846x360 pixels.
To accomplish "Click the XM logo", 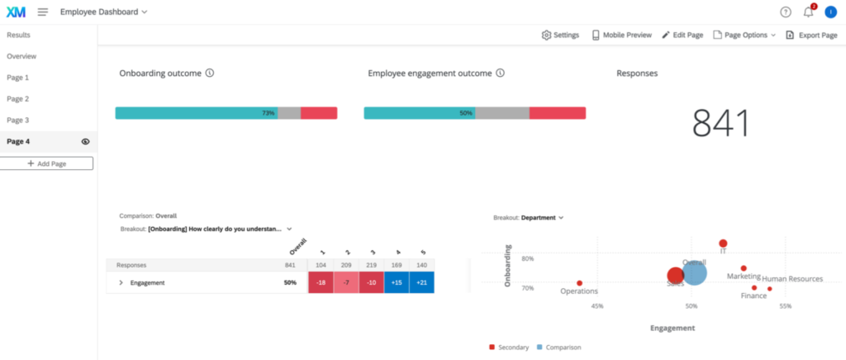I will pyautogui.click(x=16, y=12).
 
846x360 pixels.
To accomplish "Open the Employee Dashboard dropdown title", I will pyautogui.click(x=103, y=12).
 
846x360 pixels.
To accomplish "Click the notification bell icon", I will pyautogui.click(x=808, y=12).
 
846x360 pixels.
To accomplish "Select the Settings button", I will pyautogui.click(x=560, y=35).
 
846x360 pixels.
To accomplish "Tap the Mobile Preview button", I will pyautogui.click(x=621, y=35).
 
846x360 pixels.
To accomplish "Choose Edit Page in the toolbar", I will pyautogui.click(x=682, y=35).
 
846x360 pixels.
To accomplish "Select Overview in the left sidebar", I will pyautogui.click(x=21, y=56).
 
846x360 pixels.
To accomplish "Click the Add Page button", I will pyautogui.click(x=46, y=163).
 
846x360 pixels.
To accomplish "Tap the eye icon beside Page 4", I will pyautogui.click(x=85, y=142).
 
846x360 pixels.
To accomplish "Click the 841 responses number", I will pyautogui.click(x=720, y=123).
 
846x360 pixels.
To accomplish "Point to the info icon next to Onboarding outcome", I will pyautogui.click(x=210, y=73).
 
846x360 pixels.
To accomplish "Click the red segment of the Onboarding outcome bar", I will pyautogui.click(x=319, y=113).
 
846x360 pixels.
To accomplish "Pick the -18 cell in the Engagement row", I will pyautogui.click(x=321, y=282).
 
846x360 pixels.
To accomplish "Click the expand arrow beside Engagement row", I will pyautogui.click(x=121, y=282).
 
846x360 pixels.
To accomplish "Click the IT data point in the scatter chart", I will pyautogui.click(x=723, y=244).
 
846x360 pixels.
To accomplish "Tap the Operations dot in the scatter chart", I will pyautogui.click(x=579, y=283).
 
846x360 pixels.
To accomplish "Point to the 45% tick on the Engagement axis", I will pyautogui.click(x=597, y=306).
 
